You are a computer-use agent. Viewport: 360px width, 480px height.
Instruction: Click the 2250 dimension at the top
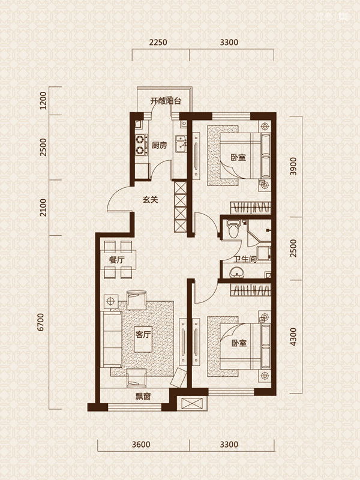[158, 42]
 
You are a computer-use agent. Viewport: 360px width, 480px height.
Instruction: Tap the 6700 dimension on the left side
[40, 322]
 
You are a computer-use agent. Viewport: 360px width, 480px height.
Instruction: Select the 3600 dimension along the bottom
[141, 444]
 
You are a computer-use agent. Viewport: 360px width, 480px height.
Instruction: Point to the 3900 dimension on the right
[293, 166]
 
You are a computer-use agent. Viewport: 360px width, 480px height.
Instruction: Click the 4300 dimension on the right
[293, 337]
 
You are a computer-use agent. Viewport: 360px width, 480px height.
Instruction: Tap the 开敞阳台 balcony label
[166, 101]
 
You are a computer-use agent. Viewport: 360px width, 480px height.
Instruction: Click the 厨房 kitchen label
[159, 145]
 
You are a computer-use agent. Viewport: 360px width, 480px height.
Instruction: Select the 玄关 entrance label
[151, 200]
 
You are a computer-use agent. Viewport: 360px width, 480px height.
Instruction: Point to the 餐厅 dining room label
[117, 260]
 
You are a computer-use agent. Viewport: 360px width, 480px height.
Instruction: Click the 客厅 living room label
[143, 334]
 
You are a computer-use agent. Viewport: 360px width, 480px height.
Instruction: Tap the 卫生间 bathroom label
[245, 260]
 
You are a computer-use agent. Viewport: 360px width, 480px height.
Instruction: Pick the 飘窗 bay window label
[143, 397]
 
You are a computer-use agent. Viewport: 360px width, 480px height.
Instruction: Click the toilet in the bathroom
[233, 229]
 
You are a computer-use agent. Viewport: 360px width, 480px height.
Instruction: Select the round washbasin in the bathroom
[236, 272]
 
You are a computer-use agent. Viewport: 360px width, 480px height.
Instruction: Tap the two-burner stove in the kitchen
[140, 145]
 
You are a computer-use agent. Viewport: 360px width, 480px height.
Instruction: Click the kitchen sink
[181, 145]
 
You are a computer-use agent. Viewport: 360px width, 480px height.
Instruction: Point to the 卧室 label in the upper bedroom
[238, 157]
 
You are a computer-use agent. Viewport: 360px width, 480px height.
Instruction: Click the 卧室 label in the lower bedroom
[239, 343]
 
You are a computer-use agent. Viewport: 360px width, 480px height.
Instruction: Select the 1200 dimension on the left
[43, 101]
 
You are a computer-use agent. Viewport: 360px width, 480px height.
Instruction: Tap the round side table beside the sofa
[110, 302]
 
